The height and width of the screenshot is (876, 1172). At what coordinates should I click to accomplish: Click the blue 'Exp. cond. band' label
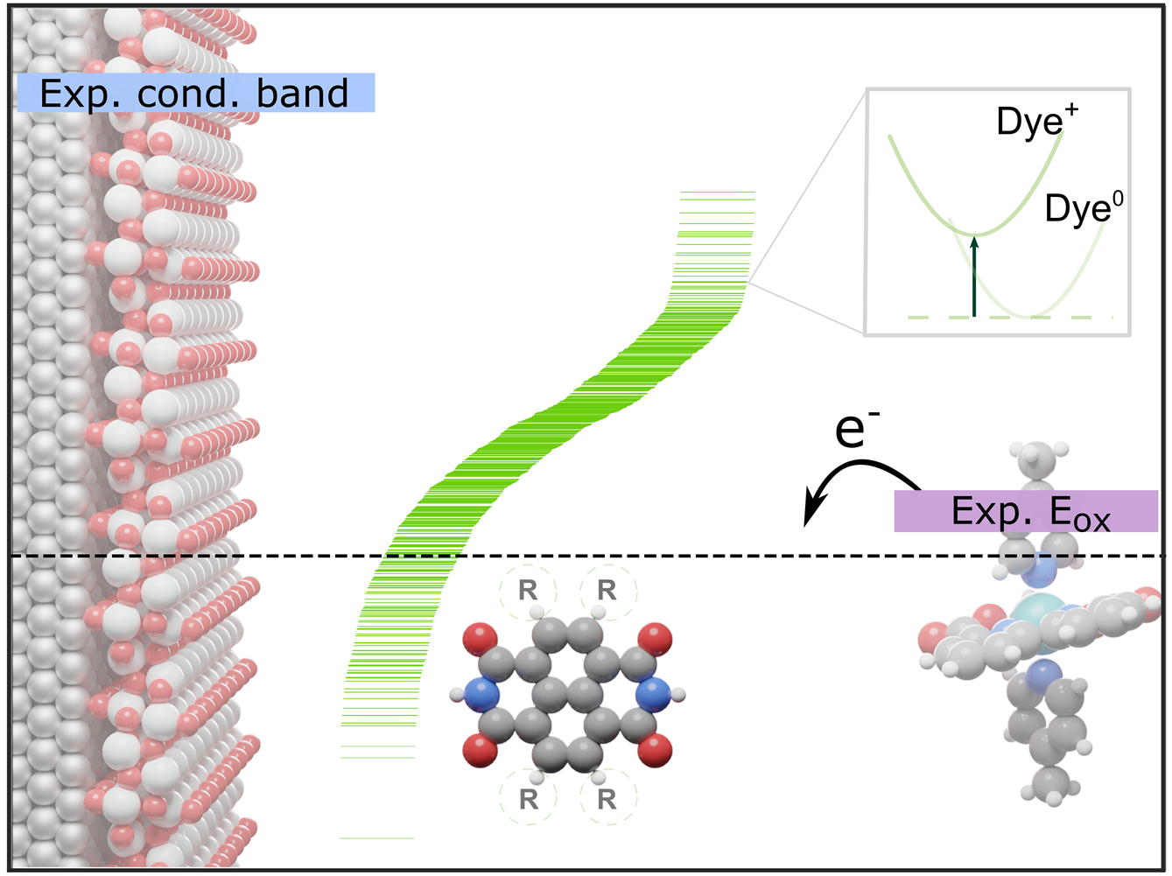195,93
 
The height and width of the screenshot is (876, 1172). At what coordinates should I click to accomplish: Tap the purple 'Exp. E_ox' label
1026,512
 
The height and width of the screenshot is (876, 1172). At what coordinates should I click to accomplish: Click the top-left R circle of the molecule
527,591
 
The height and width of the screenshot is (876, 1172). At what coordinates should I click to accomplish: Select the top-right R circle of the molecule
607,591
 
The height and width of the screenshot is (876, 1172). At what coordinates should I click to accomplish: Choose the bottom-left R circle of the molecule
528,798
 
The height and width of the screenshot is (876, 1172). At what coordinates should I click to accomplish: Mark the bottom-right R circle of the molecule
607,798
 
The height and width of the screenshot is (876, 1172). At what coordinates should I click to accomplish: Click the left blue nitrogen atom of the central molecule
481,696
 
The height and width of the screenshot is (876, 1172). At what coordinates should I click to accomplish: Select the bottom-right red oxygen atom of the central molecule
656,750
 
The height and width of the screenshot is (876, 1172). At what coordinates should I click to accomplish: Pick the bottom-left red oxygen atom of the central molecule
480,750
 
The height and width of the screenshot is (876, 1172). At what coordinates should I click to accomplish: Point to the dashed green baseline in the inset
1007,317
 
